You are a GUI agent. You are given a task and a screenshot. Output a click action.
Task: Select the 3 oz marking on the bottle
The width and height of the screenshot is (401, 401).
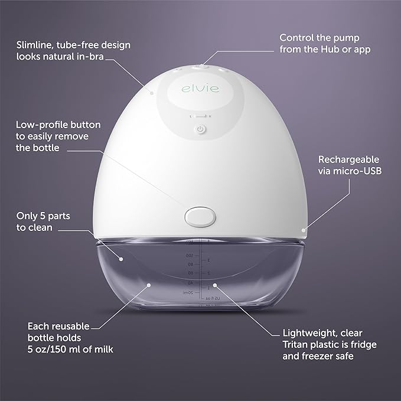click(x=208, y=260)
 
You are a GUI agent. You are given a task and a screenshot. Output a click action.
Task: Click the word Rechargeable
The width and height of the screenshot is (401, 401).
click(x=348, y=159)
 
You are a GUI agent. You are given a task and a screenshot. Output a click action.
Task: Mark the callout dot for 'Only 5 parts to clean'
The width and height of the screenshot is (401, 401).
click(x=119, y=259)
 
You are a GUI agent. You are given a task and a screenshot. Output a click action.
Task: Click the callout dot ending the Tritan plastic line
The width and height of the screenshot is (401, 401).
click(x=215, y=284)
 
